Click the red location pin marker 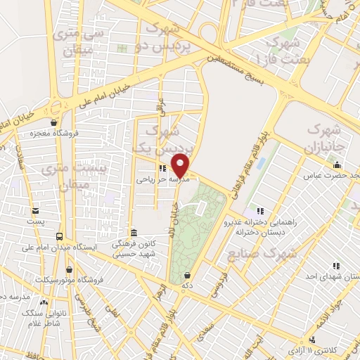(x=181, y=165)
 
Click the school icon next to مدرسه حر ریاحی (x=163, y=169)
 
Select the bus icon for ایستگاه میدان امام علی (x=58, y=237)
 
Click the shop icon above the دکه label (x=187, y=276)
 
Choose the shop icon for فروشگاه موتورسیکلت (x=69, y=269)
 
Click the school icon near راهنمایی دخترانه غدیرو (x=260, y=210)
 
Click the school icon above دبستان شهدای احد (x=337, y=265)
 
